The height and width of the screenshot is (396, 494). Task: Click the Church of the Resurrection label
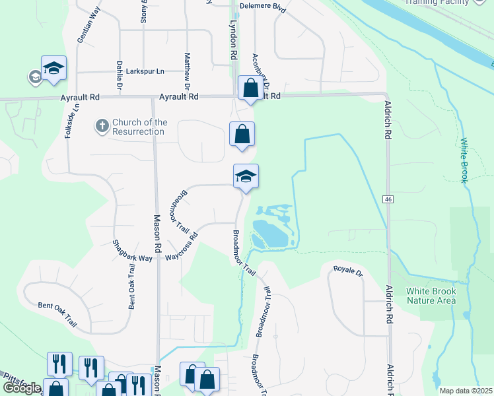coord(139,127)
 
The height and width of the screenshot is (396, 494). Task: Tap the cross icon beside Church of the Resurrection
coord(102,125)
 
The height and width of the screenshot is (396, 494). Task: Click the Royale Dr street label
coord(348,271)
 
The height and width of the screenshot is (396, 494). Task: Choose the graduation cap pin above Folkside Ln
coord(54,68)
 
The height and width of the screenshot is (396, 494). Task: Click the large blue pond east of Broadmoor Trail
coord(269,233)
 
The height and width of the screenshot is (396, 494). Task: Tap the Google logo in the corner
coord(22,388)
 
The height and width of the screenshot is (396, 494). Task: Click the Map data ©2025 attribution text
coord(466,391)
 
